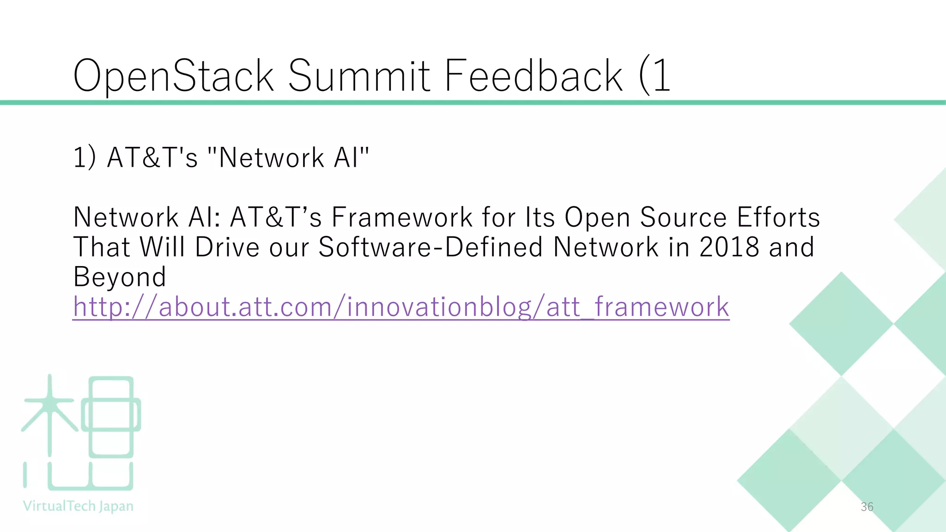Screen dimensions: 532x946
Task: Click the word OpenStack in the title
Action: point(174,76)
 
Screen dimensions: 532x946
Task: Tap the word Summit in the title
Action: point(359,76)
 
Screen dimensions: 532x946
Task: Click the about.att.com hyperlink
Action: point(401,307)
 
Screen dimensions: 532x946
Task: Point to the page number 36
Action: point(867,507)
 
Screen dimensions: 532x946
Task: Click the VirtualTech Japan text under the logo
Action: point(78,506)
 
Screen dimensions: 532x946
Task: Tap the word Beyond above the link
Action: point(120,277)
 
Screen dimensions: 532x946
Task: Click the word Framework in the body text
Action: point(402,218)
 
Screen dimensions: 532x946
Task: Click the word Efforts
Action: point(778,218)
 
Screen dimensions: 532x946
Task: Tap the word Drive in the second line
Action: point(227,247)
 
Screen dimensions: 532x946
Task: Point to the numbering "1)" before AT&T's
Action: point(85,157)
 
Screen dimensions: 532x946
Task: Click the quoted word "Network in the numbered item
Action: point(266,157)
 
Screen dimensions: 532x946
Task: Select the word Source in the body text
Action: point(683,218)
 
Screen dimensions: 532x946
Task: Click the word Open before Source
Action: point(598,218)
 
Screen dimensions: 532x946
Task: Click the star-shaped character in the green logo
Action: point(50,411)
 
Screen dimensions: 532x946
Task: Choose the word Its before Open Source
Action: point(540,218)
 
